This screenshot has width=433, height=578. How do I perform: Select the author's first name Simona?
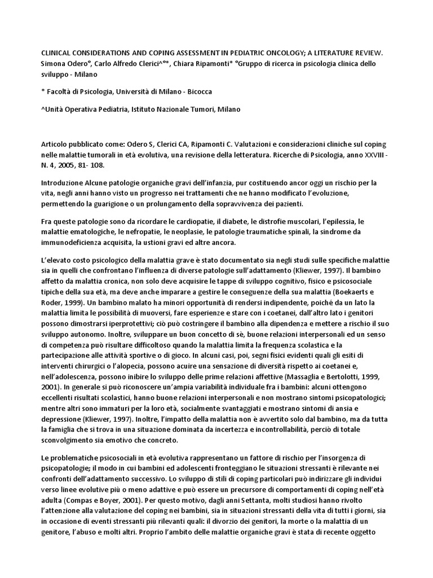(x=55, y=63)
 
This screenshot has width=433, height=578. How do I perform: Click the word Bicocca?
(x=197, y=91)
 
